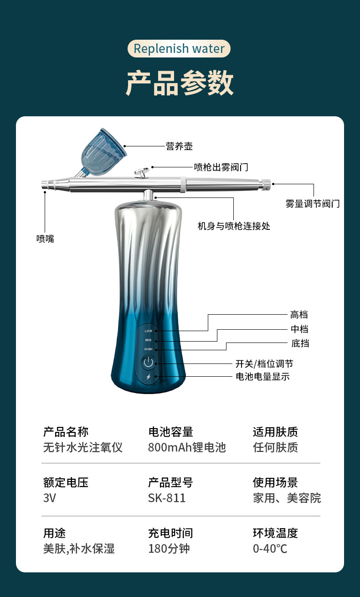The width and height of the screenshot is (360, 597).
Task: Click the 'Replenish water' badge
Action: click(179, 49)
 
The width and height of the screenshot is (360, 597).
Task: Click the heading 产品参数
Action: click(180, 83)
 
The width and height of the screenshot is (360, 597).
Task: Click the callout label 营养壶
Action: click(179, 146)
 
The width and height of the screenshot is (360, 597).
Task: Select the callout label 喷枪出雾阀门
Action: click(221, 167)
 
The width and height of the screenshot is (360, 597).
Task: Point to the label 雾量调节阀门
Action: click(313, 203)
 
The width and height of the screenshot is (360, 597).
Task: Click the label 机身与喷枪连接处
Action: click(234, 226)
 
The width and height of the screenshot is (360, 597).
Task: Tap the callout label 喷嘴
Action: click(45, 239)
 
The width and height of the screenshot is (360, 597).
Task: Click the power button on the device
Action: click(148, 363)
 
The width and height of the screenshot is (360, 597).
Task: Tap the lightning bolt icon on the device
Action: click(148, 377)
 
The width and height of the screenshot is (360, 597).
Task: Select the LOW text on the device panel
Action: click(149, 331)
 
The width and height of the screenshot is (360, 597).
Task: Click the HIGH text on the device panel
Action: click(149, 349)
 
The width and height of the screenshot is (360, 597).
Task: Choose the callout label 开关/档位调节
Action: click(264, 363)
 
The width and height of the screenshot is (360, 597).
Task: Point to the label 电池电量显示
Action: click(262, 377)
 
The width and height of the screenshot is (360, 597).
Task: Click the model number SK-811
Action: click(167, 498)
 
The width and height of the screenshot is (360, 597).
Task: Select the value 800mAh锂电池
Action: click(187, 447)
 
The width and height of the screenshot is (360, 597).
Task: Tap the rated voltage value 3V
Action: click(49, 498)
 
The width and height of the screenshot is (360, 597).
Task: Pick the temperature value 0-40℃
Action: click(270, 548)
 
